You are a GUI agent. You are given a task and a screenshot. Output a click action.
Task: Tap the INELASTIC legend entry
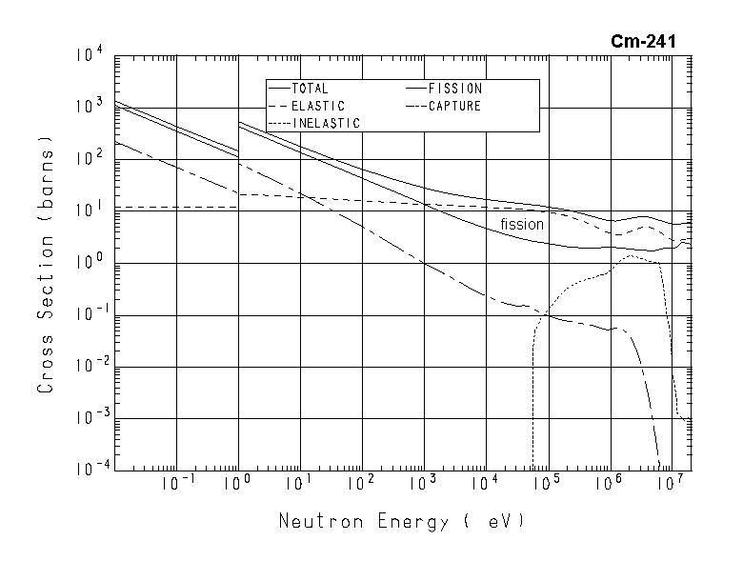(x=326, y=123)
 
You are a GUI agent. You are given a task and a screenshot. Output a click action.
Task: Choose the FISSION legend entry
(x=455, y=89)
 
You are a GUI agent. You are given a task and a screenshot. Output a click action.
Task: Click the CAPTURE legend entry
(x=454, y=106)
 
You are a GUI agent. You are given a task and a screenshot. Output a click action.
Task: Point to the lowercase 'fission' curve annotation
(x=522, y=225)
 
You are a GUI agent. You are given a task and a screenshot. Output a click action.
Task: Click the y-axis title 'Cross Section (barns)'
(x=46, y=262)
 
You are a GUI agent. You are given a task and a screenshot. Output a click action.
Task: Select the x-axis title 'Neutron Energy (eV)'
(x=401, y=522)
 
